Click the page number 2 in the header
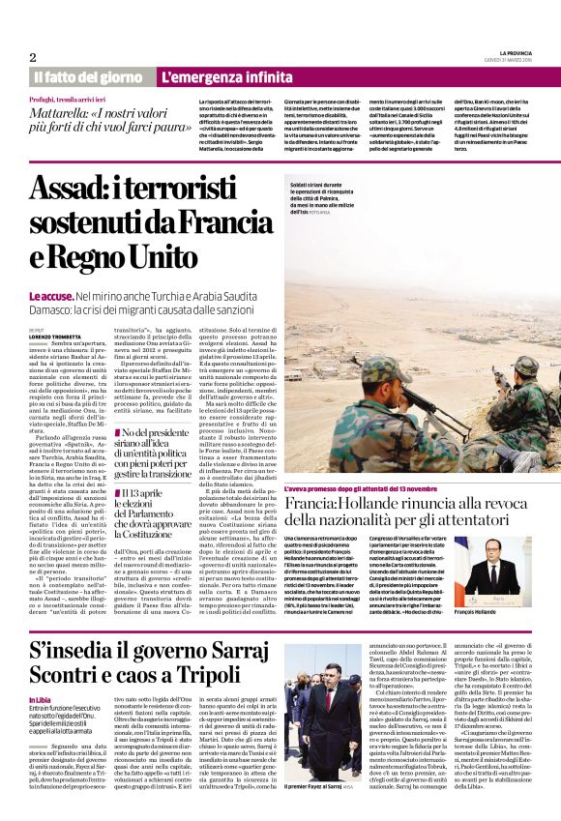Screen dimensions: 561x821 32,57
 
